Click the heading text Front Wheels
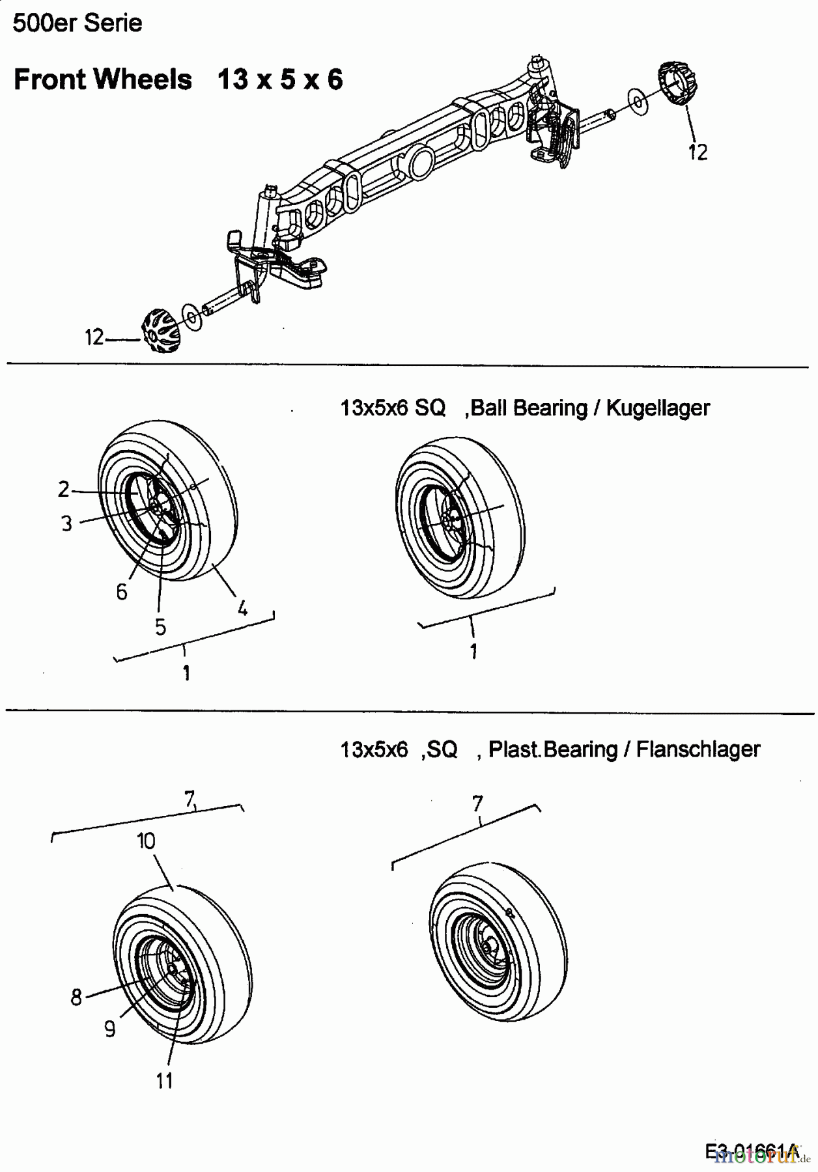pos(103,79)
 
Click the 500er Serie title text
pos(77,23)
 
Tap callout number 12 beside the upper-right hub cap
pos(698,152)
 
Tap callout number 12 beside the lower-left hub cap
pos(94,337)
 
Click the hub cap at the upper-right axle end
pos(679,83)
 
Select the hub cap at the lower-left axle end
pos(160,331)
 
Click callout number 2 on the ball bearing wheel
pos(64,489)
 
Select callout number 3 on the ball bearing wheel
pos(66,523)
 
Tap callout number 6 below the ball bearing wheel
pos(121,592)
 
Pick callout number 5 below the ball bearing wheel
pos(160,627)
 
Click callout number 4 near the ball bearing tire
pos(242,609)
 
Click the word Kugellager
pos(658,408)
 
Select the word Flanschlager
pos(698,749)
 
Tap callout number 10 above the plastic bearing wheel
pos(146,841)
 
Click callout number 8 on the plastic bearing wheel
pos(76,997)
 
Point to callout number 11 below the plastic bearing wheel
pos(164,1081)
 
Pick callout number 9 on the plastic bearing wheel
pos(109,1029)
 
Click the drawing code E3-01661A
pos(751,1151)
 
